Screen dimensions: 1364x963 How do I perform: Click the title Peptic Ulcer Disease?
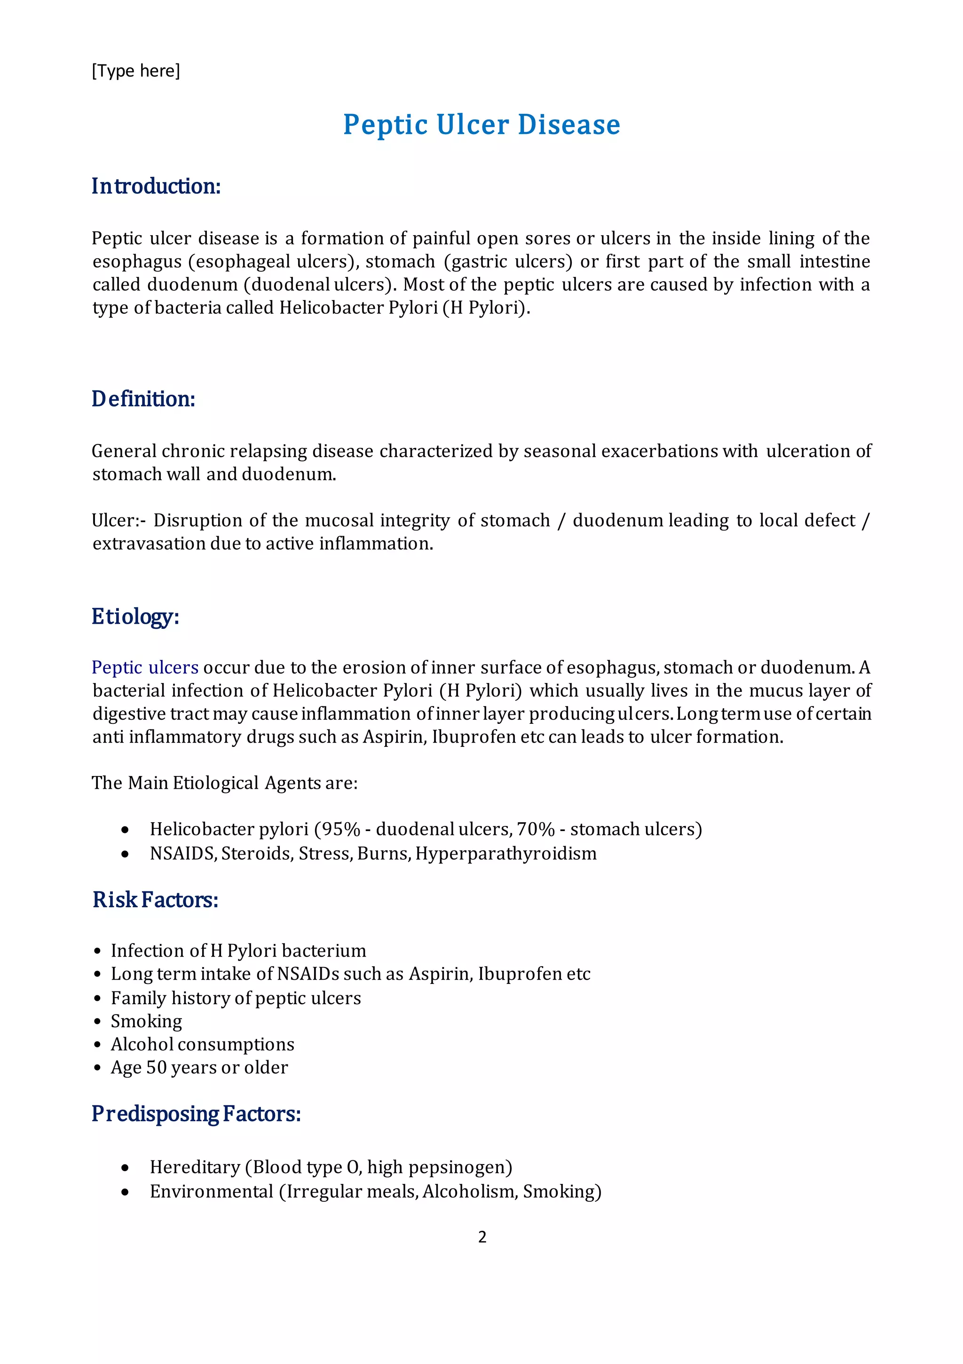(x=481, y=125)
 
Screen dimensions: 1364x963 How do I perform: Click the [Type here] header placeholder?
(x=135, y=71)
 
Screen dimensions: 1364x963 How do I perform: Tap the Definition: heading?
(x=143, y=399)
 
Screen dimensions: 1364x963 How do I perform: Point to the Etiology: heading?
(x=135, y=616)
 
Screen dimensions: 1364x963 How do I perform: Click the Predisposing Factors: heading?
(x=196, y=1113)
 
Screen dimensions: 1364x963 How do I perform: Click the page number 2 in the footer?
(x=482, y=1237)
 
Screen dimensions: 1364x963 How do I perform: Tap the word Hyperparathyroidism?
(x=505, y=853)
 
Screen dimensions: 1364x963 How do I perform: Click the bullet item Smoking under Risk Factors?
(x=146, y=1021)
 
